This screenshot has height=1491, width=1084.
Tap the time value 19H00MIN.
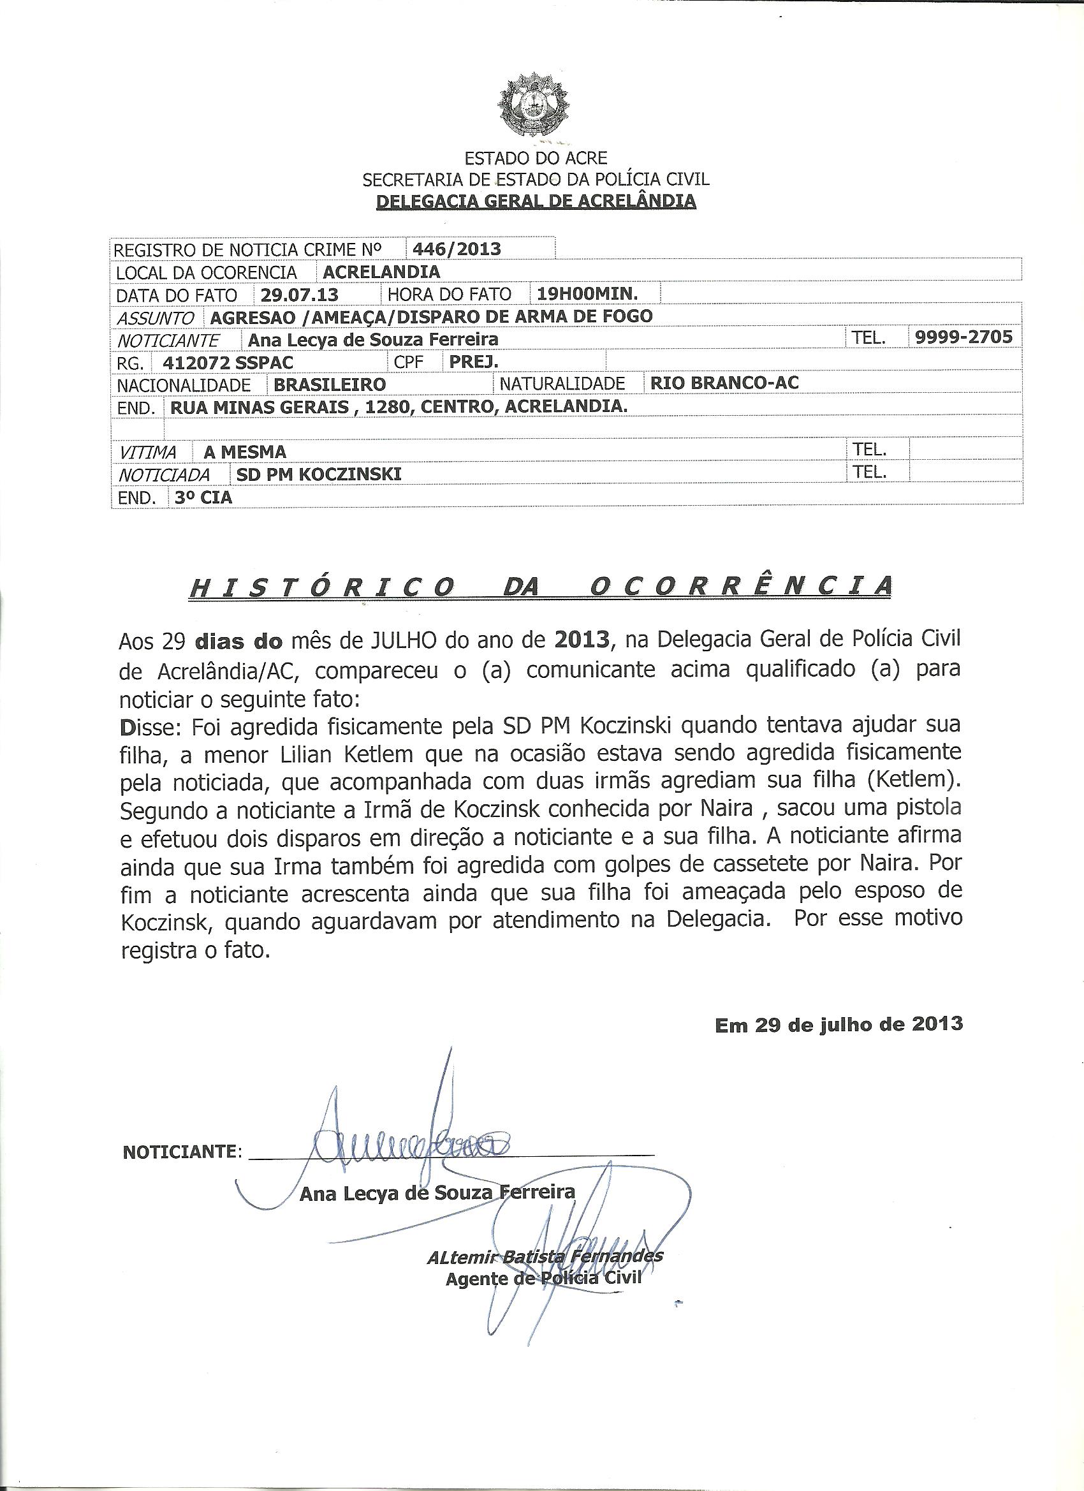588,293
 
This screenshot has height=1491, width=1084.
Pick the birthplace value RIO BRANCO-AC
724,383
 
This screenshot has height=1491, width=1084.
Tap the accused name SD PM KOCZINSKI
318,474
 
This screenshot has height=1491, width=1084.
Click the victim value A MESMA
245,452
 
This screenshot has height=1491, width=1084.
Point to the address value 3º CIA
203,497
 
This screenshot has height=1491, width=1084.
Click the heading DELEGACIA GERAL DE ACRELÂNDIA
535,200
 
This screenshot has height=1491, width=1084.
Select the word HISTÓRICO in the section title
321,587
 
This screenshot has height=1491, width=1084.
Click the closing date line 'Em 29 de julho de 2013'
839,1024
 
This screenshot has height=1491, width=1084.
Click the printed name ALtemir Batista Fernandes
545,1257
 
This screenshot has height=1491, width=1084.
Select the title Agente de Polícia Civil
543,1279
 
